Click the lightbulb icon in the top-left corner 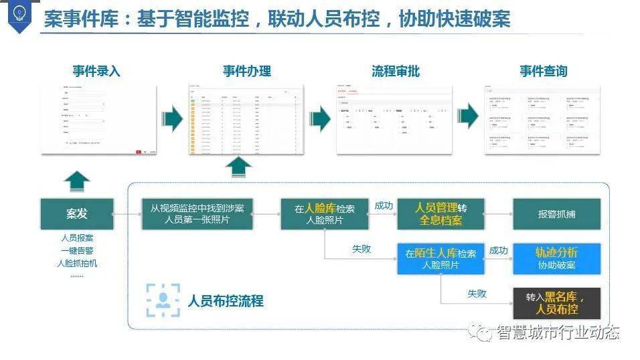click(19, 14)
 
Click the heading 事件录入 click(96, 71)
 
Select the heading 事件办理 click(246, 71)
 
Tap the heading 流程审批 click(396, 71)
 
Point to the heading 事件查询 click(544, 71)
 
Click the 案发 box click(77, 214)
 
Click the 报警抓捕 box click(556, 214)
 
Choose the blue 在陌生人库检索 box click(441, 259)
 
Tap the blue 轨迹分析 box click(556, 259)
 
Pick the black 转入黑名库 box click(556, 303)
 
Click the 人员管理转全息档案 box click(441, 214)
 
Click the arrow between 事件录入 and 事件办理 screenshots click(172, 119)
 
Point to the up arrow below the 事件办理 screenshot click(238, 167)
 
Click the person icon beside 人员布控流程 click(163, 300)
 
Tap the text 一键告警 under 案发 click(77, 250)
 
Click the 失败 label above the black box click(477, 294)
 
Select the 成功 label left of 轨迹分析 click(498, 250)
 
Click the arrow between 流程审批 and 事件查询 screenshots click(468, 119)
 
